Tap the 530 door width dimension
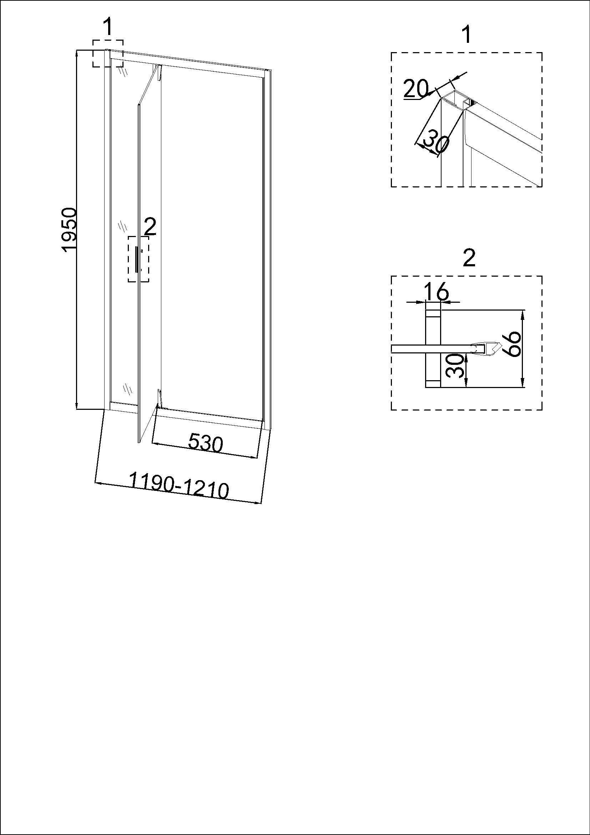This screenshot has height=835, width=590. (205, 443)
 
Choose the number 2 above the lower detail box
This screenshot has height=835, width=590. (469, 258)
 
